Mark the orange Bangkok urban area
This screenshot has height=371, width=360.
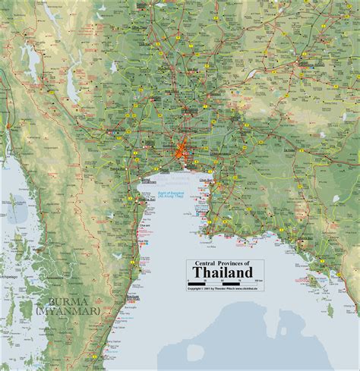coord(183,152)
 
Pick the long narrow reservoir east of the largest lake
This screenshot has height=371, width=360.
coord(71,83)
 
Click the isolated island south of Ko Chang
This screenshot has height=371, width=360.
coord(330,309)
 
